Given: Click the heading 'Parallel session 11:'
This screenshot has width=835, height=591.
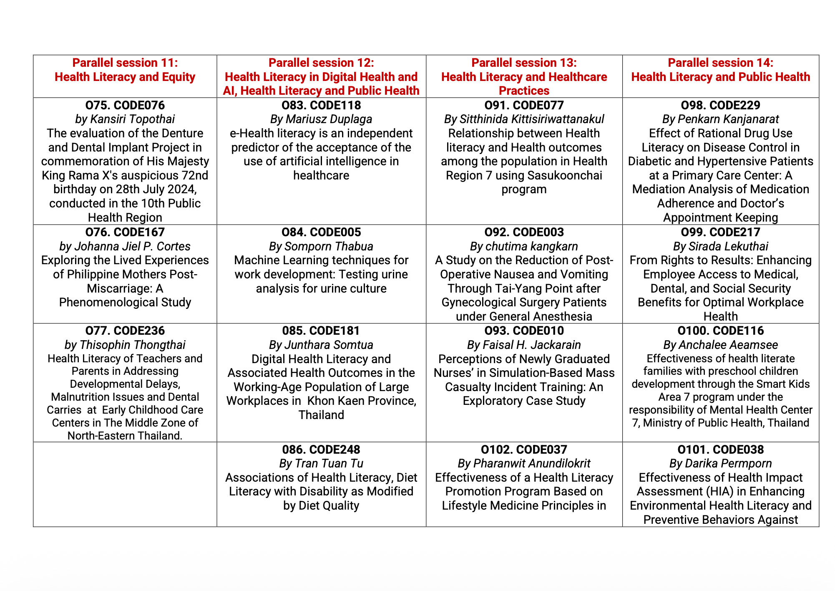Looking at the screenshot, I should click(x=125, y=63).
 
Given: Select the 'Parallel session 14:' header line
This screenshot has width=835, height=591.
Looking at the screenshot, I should click(x=720, y=63).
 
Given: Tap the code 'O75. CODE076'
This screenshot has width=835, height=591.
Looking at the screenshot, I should click(x=125, y=105).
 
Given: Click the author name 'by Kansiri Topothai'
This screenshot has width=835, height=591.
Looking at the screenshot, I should click(x=125, y=119).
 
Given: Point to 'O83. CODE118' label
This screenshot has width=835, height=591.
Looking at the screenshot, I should click(x=321, y=105).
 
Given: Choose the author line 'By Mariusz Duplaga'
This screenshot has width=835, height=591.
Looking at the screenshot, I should click(x=321, y=119).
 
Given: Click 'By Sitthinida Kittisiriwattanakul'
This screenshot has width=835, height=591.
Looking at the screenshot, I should click(x=524, y=119).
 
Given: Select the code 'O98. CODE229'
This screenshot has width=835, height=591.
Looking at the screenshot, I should click(x=720, y=105).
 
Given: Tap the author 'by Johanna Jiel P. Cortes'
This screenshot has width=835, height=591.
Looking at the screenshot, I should click(x=125, y=246).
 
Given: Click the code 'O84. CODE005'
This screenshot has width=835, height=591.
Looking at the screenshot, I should click(x=321, y=232).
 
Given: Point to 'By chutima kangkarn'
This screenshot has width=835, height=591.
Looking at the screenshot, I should click(x=524, y=246).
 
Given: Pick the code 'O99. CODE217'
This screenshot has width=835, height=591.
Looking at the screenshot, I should click(x=720, y=232).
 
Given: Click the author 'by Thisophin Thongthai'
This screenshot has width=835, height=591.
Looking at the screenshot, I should click(x=125, y=345).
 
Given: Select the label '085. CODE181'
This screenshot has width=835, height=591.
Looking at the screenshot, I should click(x=321, y=331).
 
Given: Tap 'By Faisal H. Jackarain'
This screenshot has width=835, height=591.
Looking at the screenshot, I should click(x=524, y=345).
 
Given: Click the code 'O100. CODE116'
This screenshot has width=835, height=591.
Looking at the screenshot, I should click(x=720, y=331).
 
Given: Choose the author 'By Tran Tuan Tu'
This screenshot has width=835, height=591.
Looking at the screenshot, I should click(x=321, y=463).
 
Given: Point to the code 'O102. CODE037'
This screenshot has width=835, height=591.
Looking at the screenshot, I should click(x=524, y=450).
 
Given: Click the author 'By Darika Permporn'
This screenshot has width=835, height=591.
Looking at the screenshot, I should click(x=720, y=463).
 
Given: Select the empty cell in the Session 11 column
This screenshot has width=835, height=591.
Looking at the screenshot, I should click(x=125, y=484).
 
